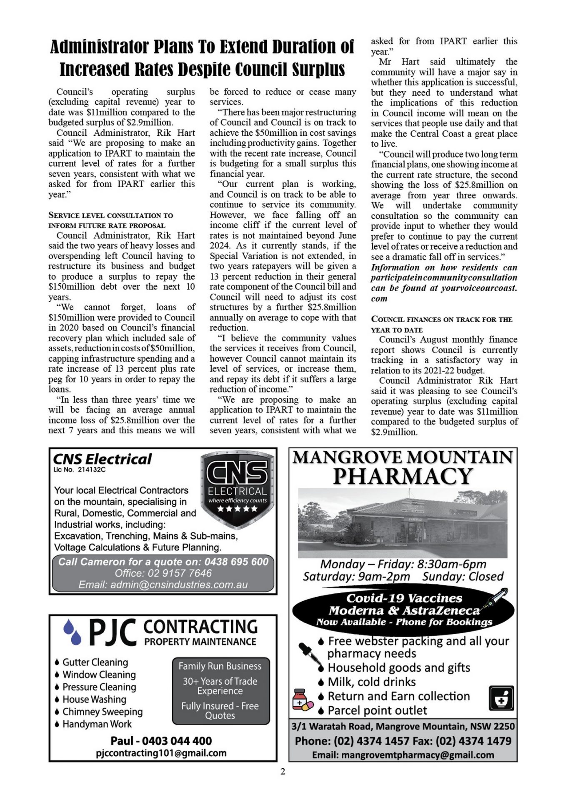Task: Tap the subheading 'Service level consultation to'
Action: [x=110, y=215]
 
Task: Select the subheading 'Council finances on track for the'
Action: [x=441, y=320]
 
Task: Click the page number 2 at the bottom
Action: [x=283, y=771]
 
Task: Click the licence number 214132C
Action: [x=91, y=470]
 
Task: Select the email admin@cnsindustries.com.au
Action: [x=163, y=585]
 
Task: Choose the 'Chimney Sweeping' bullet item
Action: [x=102, y=712]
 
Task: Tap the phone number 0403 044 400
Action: [x=177, y=740]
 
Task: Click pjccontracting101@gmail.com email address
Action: [x=161, y=753]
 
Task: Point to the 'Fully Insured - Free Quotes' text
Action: [x=220, y=710]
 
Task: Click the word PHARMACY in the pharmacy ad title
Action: [x=403, y=476]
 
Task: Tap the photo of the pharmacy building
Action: [x=403, y=523]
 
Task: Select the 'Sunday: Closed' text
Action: [x=463, y=576]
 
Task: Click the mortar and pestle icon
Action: [x=501, y=698]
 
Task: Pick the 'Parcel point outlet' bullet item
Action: [x=377, y=710]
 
